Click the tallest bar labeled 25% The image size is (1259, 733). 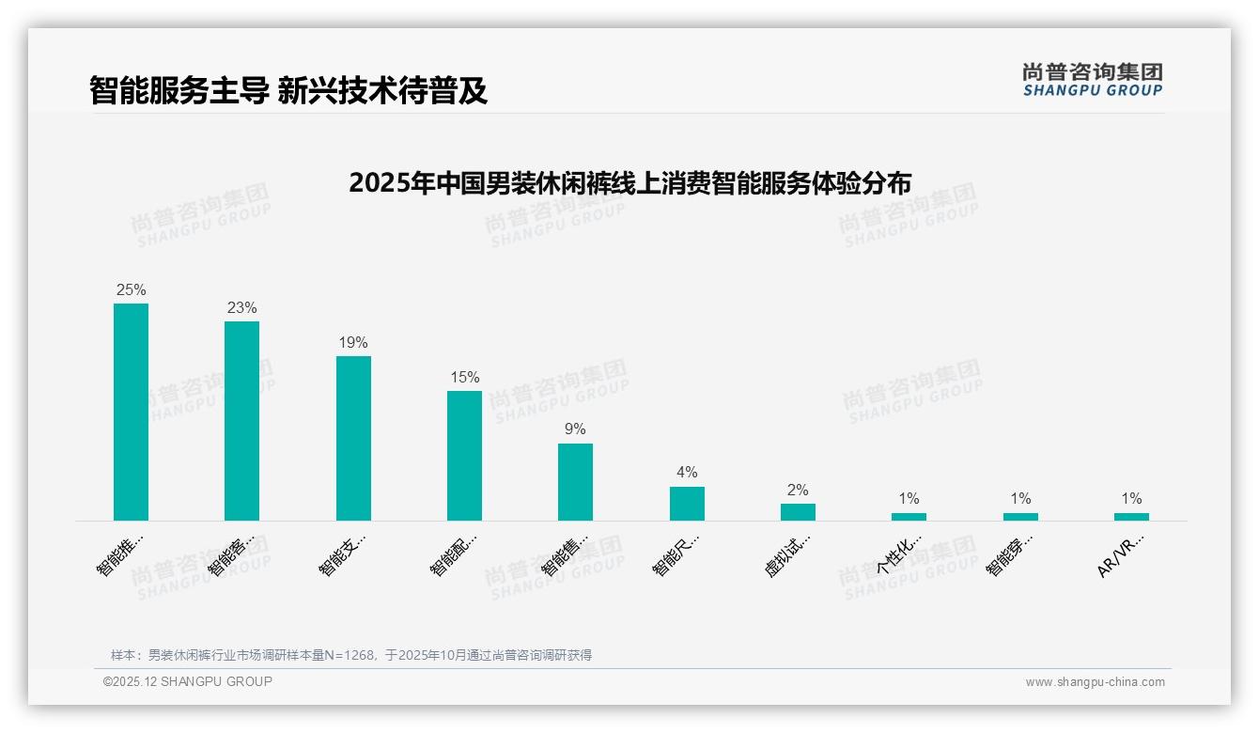click(x=131, y=412)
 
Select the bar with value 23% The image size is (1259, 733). click(x=241, y=421)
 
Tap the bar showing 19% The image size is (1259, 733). click(x=353, y=438)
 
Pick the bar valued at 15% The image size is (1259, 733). click(x=464, y=456)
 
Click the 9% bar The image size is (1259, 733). click(x=575, y=482)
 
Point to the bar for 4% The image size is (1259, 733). click(x=687, y=504)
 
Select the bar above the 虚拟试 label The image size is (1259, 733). click(x=798, y=512)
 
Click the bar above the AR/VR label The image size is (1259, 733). click(x=1131, y=517)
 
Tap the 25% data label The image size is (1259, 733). click(x=131, y=290)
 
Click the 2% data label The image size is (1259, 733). click(x=798, y=491)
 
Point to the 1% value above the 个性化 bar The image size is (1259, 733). click(x=909, y=499)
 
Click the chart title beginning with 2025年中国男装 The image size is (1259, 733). click(x=629, y=182)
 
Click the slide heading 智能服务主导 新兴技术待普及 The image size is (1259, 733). click(x=288, y=90)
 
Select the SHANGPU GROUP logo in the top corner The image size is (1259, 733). click(x=1092, y=80)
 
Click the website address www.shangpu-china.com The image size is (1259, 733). click(x=1095, y=682)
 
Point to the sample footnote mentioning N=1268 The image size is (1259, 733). click(x=351, y=655)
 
